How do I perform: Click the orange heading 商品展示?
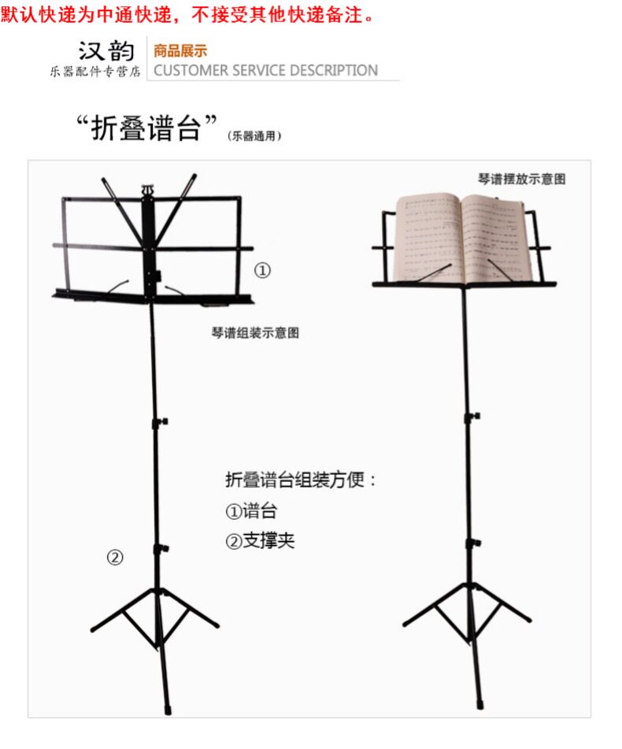[180, 51]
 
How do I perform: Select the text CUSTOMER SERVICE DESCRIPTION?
[266, 71]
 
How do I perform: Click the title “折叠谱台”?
[146, 128]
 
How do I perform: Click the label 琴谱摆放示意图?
[522, 179]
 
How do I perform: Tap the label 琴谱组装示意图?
[255, 333]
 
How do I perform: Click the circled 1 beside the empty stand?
[261, 271]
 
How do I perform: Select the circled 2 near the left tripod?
[115, 558]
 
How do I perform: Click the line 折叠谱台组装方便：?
[302, 480]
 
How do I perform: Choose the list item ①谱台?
[251, 511]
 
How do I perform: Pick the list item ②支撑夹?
[260, 542]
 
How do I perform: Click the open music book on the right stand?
[460, 236]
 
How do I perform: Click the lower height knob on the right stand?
[474, 543]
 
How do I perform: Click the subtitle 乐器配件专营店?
[94, 72]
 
